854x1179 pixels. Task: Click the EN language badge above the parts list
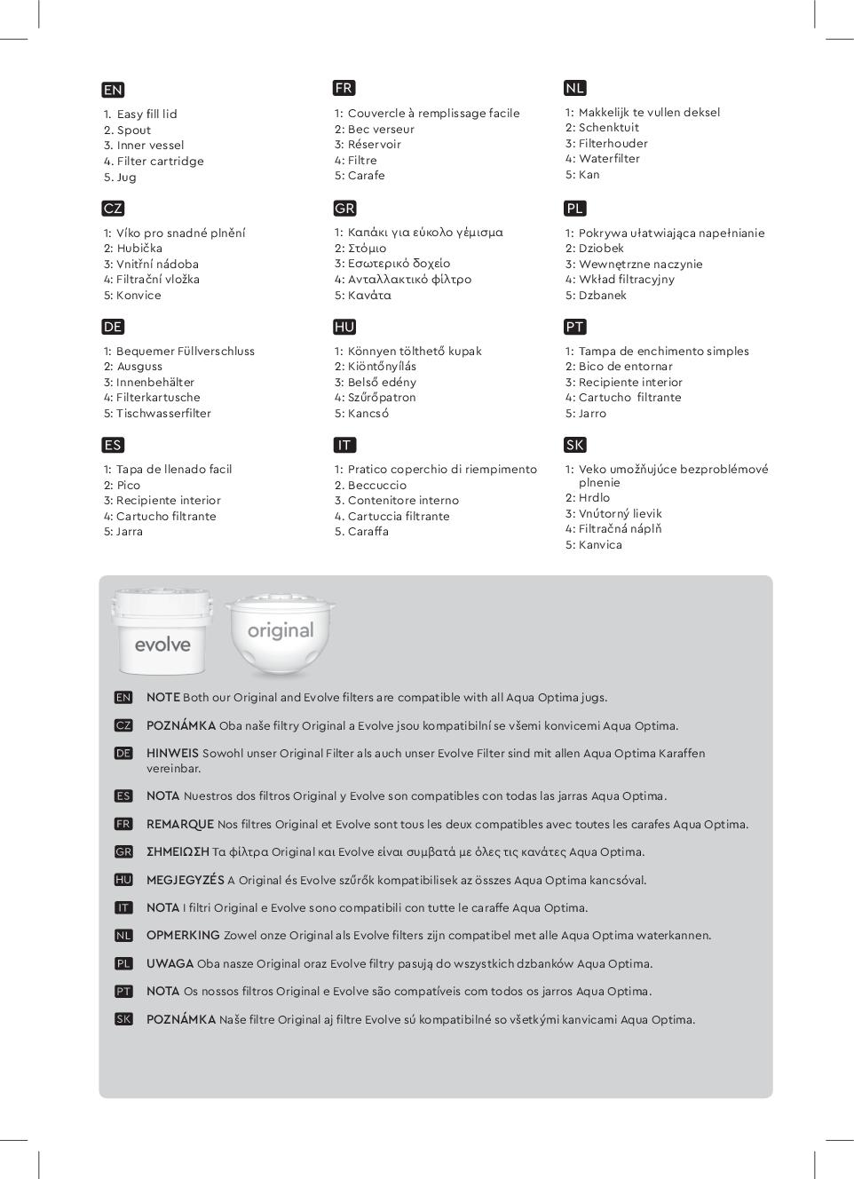click(113, 90)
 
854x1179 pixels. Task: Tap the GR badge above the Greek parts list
click(344, 209)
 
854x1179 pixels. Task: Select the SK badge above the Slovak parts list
click(575, 445)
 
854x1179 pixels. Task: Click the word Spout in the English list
click(134, 130)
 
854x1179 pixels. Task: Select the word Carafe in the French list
click(367, 176)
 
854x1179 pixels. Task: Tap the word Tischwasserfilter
click(163, 414)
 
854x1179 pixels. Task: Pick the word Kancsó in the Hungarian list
click(368, 414)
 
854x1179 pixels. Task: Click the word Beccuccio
click(377, 485)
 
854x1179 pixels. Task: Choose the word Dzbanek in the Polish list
click(603, 296)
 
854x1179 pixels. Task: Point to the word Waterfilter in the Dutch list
click(609, 159)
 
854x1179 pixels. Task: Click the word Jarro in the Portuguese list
click(592, 414)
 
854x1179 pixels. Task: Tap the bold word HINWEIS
click(172, 754)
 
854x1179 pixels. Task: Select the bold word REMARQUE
click(179, 825)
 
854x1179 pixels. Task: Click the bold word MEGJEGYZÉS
click(185, 881)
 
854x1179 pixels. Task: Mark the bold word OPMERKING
click(183, 936)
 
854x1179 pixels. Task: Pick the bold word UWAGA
click(170, 964)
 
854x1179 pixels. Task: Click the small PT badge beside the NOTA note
click(123, 992)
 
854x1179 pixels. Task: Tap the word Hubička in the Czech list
click(139, 249)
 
